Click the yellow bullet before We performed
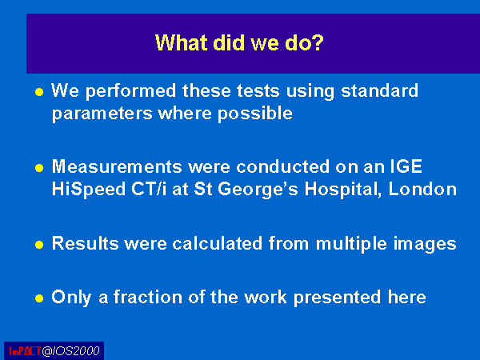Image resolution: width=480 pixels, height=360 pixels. [39, 92]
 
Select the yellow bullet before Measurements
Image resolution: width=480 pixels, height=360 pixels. [39, 168]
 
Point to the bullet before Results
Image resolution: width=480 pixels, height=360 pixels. [39, 245]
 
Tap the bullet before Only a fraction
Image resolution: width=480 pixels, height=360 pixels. [39, 298]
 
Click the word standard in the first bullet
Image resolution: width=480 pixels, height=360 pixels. [379, 90]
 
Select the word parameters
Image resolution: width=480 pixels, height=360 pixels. [102, 114]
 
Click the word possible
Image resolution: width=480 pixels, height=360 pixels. [255, 114]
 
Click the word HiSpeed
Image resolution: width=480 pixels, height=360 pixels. [89, 190]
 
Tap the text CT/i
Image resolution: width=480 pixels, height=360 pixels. [149, 189]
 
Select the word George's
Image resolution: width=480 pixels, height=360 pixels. [258, 190]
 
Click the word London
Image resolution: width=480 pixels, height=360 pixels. [422, 189]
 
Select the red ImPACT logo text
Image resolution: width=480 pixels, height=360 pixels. [25, 351]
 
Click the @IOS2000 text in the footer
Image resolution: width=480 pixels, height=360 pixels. [70, 351]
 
